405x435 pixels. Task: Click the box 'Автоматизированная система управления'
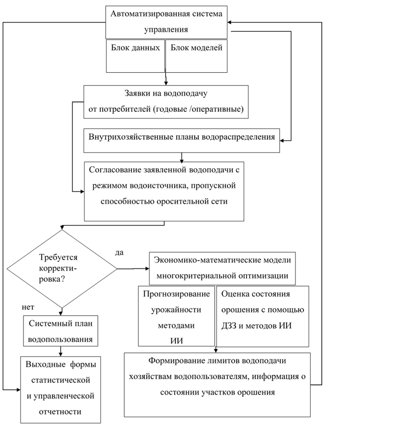(x=166, y=22)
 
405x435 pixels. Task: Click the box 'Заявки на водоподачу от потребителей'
(x=166, y=102)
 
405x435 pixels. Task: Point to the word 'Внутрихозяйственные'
(x=126, y=136)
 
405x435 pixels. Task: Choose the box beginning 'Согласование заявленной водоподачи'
(x=164, y=191)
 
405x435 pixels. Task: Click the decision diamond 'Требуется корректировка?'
(x=62, y=268)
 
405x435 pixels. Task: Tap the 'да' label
(x=118, y=252)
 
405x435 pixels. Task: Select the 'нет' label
(x=27, y=306)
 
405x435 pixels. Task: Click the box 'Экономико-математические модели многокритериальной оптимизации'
(x=223, y=268)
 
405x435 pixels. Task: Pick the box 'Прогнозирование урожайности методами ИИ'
(x=177, y=317)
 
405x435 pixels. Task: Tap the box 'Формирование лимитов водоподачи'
(x=217, y=385)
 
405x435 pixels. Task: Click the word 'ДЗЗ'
(x=230, y=326)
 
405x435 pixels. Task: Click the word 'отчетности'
(x=60, y=412)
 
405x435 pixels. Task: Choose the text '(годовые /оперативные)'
(x=199, y=109)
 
